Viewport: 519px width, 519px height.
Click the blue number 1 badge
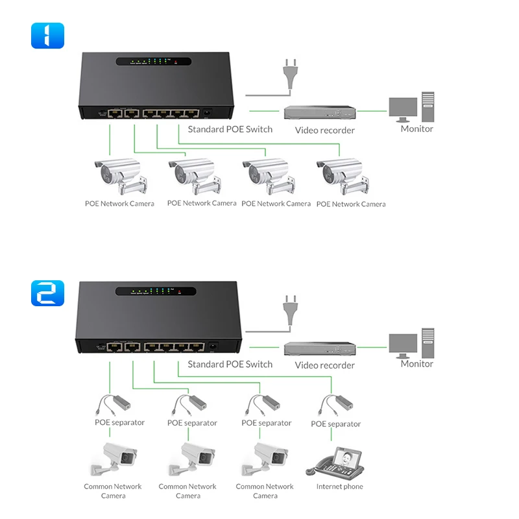click(47, 36)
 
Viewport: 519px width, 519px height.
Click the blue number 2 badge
click(47, 293)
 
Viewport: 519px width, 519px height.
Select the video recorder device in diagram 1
click(320, 112)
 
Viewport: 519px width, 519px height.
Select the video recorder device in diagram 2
click(320, 348)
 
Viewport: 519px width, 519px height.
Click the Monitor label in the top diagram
click(416, 128)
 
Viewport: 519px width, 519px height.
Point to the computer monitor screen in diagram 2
click(403, 343)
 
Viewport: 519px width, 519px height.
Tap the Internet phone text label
click(339, 487)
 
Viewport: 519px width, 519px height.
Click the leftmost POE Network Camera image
click(119, 175)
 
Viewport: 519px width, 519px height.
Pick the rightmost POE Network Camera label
click(350, 204)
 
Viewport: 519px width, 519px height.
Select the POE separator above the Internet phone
click(335, 405)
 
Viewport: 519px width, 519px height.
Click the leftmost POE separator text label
click(119, 422)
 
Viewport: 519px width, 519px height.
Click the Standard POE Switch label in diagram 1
click(230, 129)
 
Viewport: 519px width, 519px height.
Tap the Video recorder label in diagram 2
click(324, 365)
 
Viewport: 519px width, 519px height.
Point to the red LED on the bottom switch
click(178, 293)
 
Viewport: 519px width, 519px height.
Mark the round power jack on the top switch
click(208, 113)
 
